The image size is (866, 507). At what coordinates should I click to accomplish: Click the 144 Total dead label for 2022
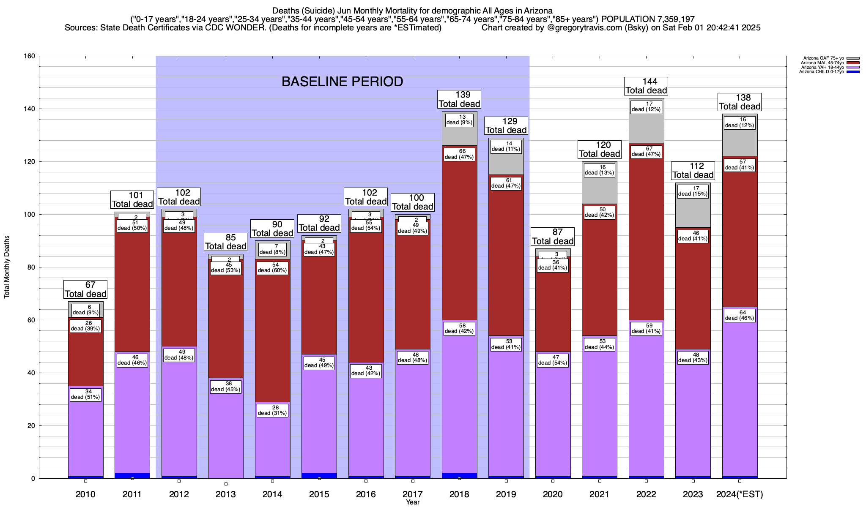646,86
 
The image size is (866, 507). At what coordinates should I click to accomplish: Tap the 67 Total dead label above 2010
85,289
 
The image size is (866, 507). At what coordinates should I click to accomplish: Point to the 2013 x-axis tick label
225,494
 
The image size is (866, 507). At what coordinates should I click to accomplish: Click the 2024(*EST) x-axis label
740,494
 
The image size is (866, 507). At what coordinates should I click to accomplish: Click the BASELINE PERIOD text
342,82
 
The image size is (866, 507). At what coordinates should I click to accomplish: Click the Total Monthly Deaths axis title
7,267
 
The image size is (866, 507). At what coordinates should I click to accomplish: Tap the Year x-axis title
412,502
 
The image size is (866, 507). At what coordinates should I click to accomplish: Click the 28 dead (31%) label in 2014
273,410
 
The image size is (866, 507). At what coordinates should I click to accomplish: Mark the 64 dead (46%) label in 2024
740,315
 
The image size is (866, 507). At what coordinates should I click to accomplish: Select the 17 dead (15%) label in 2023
693,191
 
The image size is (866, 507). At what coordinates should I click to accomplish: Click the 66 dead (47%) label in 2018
459,154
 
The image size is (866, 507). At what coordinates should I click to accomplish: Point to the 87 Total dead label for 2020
553,237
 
